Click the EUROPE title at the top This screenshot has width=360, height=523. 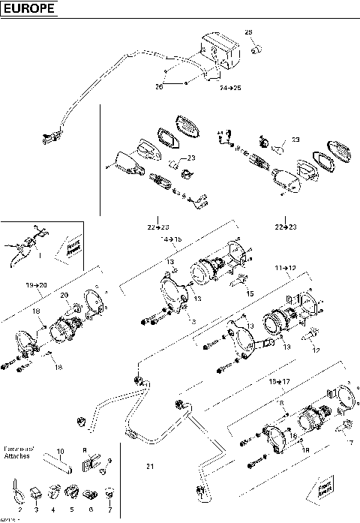pos(28,10)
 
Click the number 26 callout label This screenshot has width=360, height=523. pos(158,86)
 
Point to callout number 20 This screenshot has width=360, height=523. pos(64,295)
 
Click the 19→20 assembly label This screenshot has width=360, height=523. pos(36,285)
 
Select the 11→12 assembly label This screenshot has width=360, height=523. pos(286,268)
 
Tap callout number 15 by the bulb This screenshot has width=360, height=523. pos(250,293)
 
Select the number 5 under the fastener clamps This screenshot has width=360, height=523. pos(71,509)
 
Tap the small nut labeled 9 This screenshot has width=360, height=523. pos(106,472)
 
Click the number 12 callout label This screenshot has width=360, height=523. pos(316,350)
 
